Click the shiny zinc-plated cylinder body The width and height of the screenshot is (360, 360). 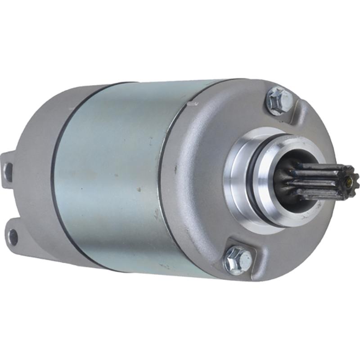click(x=112, y=175)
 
